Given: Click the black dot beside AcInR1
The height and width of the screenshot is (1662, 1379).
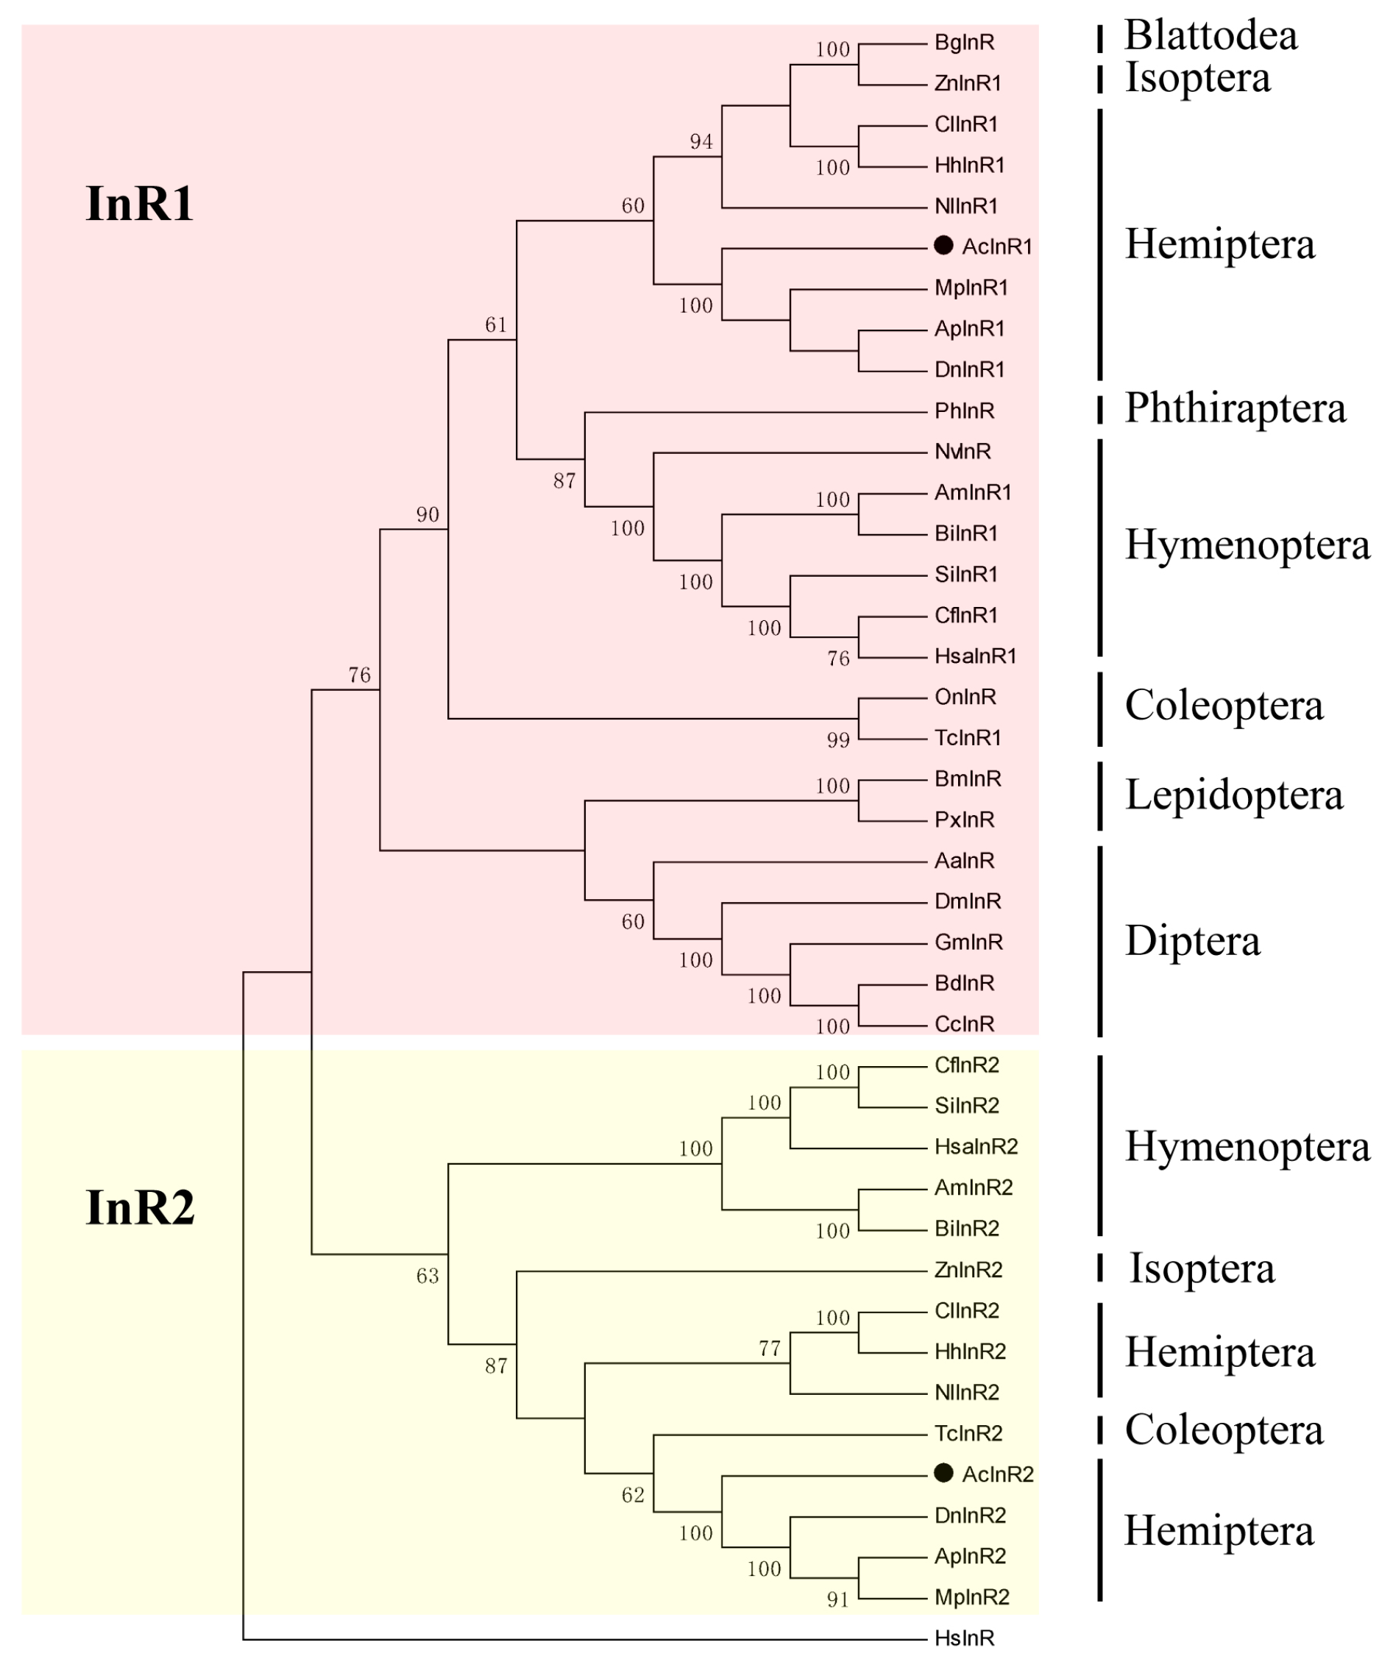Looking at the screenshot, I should [x=943, y=245].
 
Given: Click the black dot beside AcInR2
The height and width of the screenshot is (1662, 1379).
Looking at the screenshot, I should [x=943, y=1473].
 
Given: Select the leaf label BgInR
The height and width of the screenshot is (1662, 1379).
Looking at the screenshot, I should [x=963, y=43].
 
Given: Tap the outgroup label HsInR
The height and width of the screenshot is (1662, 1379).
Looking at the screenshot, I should [x=963, y=1638].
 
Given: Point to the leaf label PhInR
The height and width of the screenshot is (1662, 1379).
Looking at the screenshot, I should [x=963, y=411].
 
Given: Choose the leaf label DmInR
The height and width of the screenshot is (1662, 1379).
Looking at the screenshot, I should [x=968, y=901].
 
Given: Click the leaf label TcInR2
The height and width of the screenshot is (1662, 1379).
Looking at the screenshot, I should [x=968, y=1432].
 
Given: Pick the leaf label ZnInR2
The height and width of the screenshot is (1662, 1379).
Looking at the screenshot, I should [x=968, y=1269].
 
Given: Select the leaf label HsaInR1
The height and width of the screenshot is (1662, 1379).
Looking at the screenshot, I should [x=974, y=656].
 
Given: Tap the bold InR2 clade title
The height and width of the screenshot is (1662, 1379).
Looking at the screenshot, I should [x=139, y=1208].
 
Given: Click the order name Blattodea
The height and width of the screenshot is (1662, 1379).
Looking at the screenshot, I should [x=1210, y=35].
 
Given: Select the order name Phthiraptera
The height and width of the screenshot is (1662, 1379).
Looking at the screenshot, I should [x=1235, y=408].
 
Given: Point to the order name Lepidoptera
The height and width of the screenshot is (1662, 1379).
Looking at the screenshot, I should [x=1233, y=795].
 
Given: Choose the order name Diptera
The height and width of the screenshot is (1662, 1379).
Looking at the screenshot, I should [x=1192, y=941].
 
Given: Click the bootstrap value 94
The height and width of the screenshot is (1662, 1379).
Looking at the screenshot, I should [x=701, y=142].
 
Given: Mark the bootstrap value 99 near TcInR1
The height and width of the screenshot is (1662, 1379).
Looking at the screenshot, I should [x=838, y=740].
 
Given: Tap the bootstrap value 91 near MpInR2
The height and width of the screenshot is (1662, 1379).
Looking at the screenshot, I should [x=838, y=1600].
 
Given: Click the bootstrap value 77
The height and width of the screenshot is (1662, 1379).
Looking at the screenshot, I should [x=770, y=1349].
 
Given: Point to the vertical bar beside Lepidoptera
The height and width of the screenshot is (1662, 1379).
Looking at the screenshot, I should [x=1099, y=795].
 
